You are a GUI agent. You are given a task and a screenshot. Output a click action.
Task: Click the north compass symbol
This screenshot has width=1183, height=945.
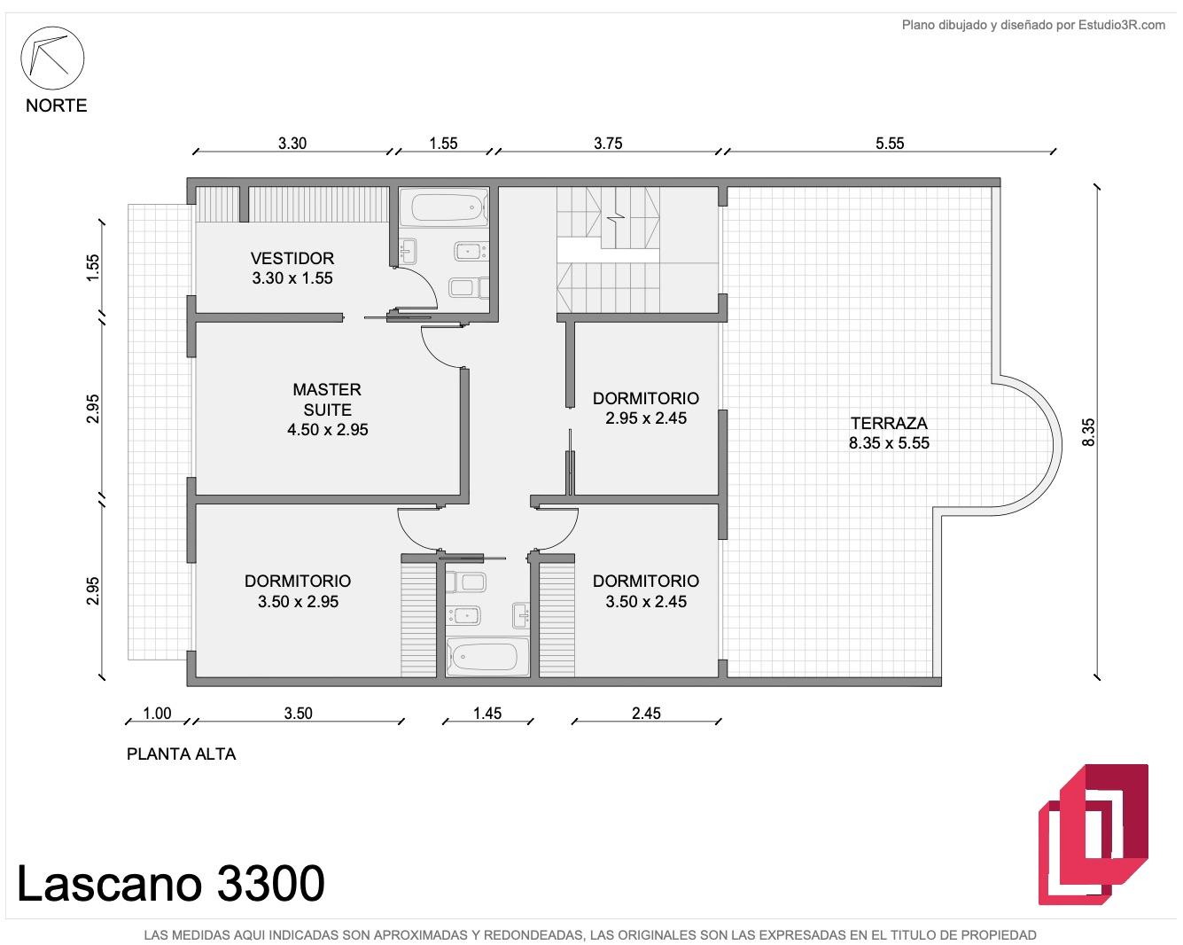(52, 58)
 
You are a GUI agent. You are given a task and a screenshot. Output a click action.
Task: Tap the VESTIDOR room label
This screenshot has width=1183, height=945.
(292, 258)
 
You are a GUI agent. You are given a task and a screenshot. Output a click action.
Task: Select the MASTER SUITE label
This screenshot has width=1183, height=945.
(327, 399)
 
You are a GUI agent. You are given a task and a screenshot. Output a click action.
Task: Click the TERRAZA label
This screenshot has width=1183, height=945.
(889, 423)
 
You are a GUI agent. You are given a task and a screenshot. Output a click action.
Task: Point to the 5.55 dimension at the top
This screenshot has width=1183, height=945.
(890, 144)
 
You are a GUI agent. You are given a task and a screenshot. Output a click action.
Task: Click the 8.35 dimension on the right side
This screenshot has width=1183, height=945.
(1088, 433)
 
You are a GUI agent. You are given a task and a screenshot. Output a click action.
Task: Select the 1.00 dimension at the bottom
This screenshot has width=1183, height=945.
(157, 714)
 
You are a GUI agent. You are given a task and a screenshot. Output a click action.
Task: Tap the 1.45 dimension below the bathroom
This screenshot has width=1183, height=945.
(487, 714)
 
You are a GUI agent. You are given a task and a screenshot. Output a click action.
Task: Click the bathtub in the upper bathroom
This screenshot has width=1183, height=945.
(443, 207)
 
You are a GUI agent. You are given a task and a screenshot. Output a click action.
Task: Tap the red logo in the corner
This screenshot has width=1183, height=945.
(1093, 834)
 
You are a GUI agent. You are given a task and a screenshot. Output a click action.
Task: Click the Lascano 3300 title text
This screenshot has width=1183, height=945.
(171, 884)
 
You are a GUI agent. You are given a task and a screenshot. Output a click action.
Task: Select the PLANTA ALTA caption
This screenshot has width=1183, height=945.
(182, 754)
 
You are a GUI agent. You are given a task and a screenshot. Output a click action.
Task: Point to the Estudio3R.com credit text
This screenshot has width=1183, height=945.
(1033, 25)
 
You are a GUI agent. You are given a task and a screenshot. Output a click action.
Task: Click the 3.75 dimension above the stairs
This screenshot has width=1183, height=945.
(608, 144)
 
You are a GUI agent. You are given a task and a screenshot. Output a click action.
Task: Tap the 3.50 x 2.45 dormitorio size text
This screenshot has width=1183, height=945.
(646, 602)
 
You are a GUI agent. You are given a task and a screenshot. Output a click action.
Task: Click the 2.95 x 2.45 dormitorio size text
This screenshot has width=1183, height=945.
(646, 418)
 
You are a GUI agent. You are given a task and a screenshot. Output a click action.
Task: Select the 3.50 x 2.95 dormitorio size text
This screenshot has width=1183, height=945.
(298, 602)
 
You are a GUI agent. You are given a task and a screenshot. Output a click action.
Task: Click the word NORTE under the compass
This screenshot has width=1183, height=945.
(56, 105)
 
